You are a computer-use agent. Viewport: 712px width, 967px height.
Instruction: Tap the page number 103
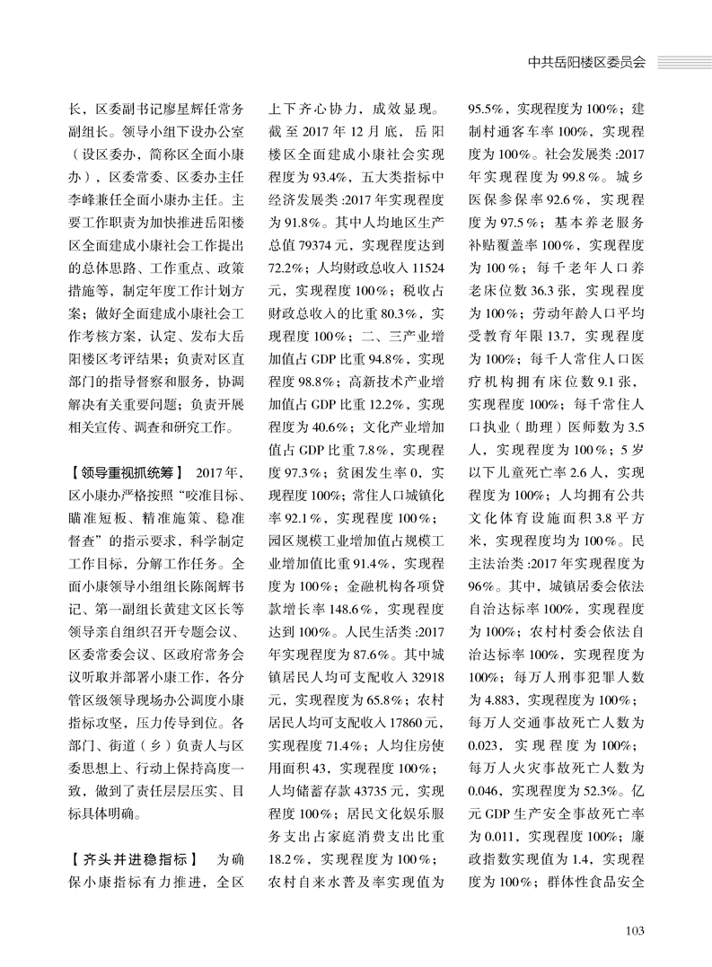[x=635, y=929]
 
